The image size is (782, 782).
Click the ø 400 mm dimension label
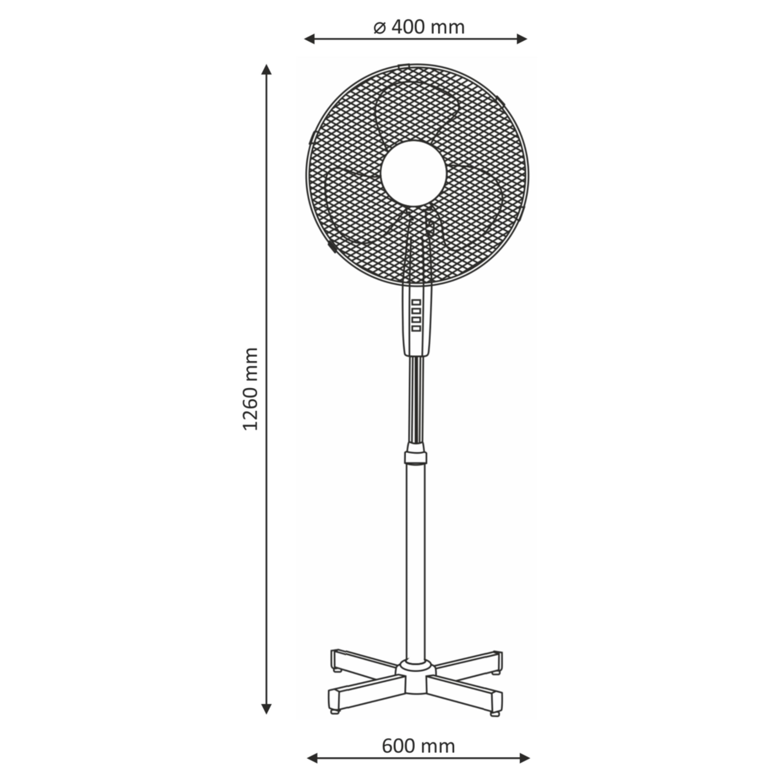418,27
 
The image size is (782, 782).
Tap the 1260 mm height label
250,389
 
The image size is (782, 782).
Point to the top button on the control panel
416,302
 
